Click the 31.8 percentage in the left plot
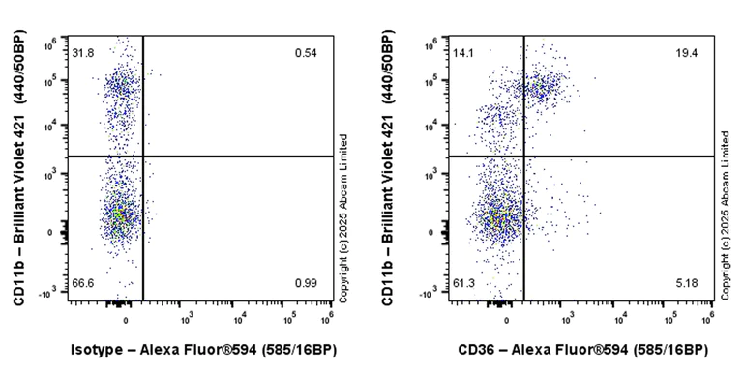pyautogui.click(x=82, y=52)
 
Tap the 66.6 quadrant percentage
pyautogui.click(x=82, y=282)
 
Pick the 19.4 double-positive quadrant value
pyautogui.click(x=686, y=52)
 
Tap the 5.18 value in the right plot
pyautogui.click(x=686, y=282)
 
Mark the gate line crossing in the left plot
pyautogui.click(x=143, y=156)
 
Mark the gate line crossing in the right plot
pyautogui.click(x=524, y=156)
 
